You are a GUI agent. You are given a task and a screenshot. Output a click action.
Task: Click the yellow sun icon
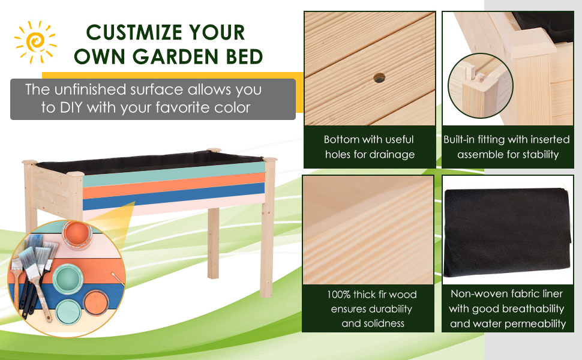point(35,42)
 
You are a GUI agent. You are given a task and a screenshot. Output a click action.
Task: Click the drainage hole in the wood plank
point(379,78)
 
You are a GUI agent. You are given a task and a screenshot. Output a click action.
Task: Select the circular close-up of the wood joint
point(480,86)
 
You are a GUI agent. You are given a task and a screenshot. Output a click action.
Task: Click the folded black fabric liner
point(506,233)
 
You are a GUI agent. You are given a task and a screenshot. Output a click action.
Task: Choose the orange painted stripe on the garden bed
point(174,187)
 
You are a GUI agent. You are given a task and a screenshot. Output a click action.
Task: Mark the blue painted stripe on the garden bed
point(174,197)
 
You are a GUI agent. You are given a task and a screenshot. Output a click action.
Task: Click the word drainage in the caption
point(392,154)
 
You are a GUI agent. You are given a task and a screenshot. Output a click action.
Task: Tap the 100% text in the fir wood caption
point(338,295)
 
